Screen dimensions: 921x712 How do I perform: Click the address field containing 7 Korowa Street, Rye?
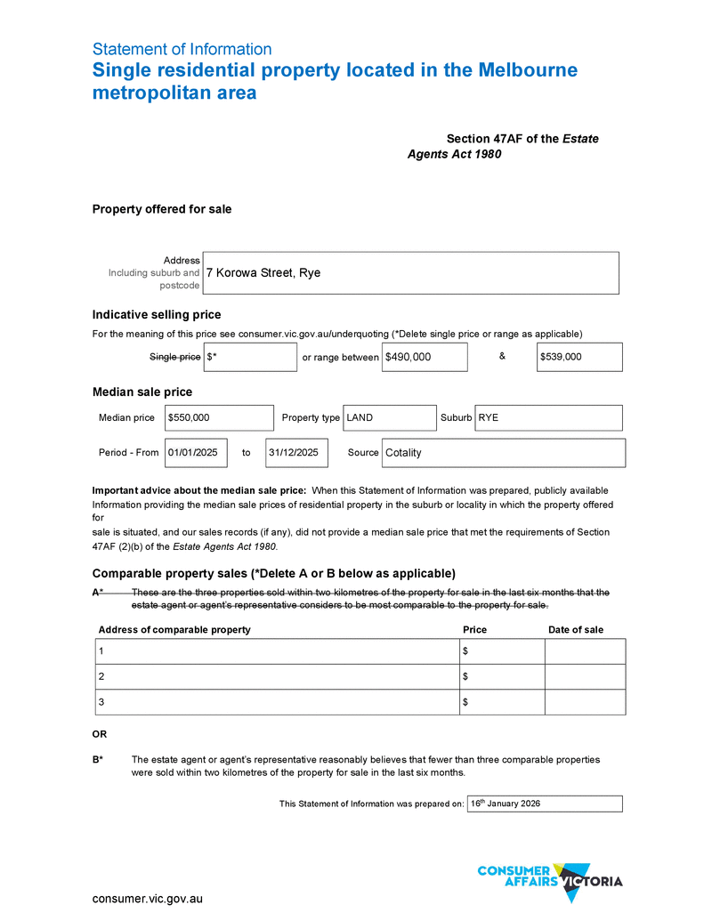(x=410, y=272)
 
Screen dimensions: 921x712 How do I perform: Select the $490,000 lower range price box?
(x=425, y=357)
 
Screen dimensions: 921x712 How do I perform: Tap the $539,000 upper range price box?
(x=579, y=357)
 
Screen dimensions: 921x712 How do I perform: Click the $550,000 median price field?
(x=218, y=417)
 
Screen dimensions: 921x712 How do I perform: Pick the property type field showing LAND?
(x=389, y=417)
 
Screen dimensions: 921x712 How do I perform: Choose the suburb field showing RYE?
(x=548, y=417)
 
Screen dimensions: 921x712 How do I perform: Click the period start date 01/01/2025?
(x=196, y=452)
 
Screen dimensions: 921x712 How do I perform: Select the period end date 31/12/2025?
(x=296, y=452)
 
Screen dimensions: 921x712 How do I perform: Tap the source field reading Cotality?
(x=503, y=452)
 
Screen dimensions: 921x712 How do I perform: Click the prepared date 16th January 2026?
(x=544, y=804)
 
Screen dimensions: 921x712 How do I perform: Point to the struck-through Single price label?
(x=174, y=357)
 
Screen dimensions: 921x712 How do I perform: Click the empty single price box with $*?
(x=250, y=357)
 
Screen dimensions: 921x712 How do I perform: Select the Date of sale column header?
(x=576, y=630)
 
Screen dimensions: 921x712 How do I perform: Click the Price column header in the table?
(x=474, y=630)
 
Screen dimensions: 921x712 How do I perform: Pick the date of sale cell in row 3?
(x=585, y=702)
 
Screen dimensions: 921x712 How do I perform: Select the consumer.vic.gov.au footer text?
(x=148, y=899)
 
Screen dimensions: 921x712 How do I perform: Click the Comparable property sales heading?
(x=273, y=573)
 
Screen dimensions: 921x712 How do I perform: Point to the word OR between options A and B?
(x=100, y=734)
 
